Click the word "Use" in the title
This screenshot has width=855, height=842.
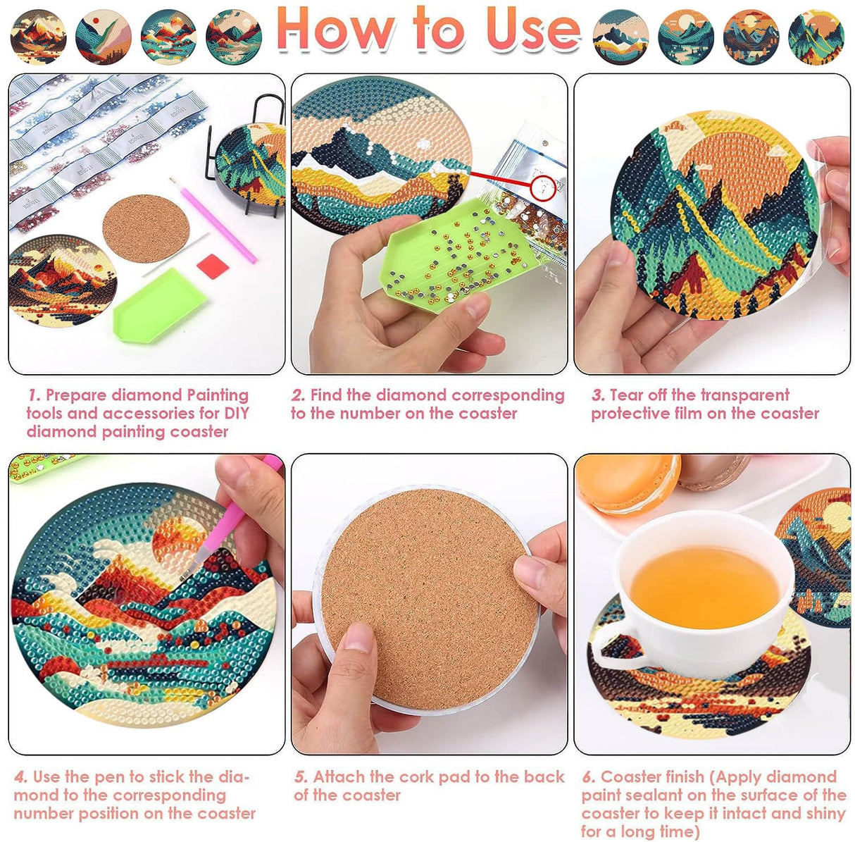click(532, 30)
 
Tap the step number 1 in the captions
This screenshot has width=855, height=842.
click(33, 395)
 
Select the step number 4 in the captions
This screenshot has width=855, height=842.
click(20, 777)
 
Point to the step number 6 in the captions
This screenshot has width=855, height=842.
click(588, 777)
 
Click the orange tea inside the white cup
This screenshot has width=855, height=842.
click(704, 588)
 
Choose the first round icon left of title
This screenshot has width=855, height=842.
click(39, 37)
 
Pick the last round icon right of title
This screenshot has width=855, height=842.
click(816, 37)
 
